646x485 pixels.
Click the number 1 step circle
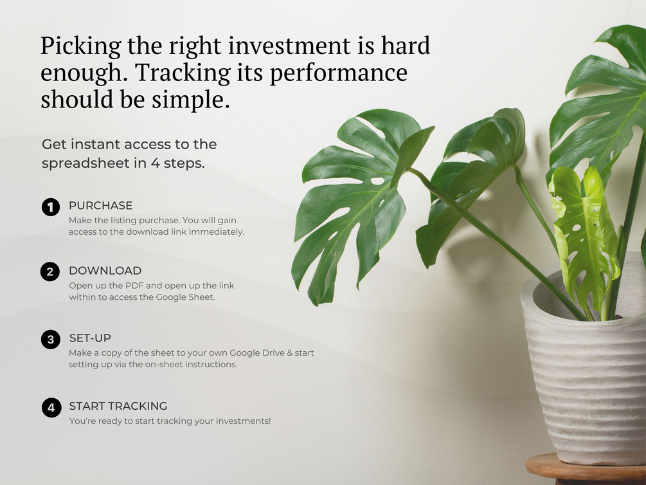(51, 206)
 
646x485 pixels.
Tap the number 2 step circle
(50, 272)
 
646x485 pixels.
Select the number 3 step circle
(51, 340)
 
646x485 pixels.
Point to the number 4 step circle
(51, 407)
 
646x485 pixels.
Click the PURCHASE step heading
(100, 205)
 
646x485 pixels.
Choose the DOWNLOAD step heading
(105, 271)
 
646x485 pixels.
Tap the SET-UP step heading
(90, 338)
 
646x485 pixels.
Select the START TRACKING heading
(118, 406)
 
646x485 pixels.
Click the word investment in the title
(289, 46)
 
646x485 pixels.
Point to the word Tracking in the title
(183, 73)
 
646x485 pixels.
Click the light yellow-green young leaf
(584, 235)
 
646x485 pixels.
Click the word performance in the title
(339, 73)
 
